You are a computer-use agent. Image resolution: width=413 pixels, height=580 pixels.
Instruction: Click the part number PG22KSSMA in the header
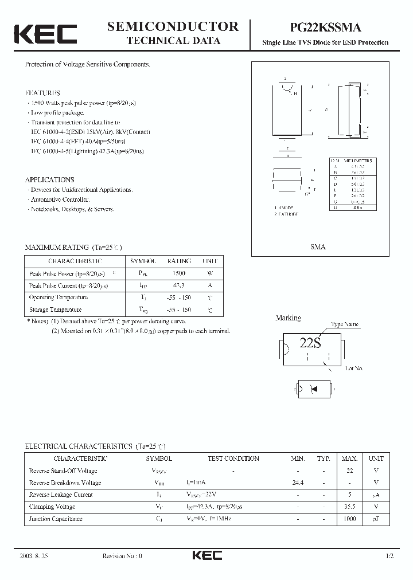point(325,27)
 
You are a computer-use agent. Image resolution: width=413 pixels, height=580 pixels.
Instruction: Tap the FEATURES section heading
point(42,93)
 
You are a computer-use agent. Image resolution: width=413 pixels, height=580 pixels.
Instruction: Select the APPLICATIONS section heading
point(50,179)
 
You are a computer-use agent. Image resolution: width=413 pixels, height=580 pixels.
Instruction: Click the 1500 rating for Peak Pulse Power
point(178,273)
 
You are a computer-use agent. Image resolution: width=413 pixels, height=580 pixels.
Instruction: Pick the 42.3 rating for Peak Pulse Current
point(178,285)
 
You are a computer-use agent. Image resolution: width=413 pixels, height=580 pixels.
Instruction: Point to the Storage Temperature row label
point(58,309)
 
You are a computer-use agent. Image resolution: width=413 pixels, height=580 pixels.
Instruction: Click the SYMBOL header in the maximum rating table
point(143,261)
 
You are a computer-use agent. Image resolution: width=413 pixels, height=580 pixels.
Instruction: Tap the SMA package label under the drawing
point(318,247)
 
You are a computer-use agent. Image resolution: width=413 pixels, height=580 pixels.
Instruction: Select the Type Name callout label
point(345,324)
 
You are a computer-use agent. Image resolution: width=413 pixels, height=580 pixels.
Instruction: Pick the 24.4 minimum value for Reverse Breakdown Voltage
point(298,483)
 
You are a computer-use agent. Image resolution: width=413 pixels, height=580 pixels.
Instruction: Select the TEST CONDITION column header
point(233,458)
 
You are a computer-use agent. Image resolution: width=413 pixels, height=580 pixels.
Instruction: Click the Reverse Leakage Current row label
point(61,495)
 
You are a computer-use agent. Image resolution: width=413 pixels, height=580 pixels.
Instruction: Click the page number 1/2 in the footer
point(391,556)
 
